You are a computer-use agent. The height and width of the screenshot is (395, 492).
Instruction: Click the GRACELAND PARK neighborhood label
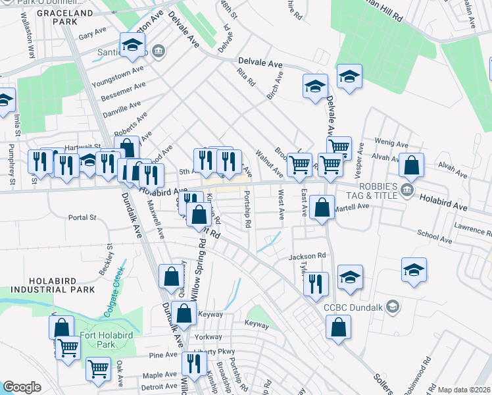coord(65,17)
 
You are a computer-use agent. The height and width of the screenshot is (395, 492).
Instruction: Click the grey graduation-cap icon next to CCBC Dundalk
coord(393,307)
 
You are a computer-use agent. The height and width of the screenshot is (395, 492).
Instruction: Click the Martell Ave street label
coord(353,207)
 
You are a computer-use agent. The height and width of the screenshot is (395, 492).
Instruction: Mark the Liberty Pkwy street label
coord(214,351)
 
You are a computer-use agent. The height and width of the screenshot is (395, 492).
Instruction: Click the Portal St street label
coord(83,217)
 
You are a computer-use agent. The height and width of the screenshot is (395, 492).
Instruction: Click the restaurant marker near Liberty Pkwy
coord(193,363)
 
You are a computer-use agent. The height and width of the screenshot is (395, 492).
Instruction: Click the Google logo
coord(22,387)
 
